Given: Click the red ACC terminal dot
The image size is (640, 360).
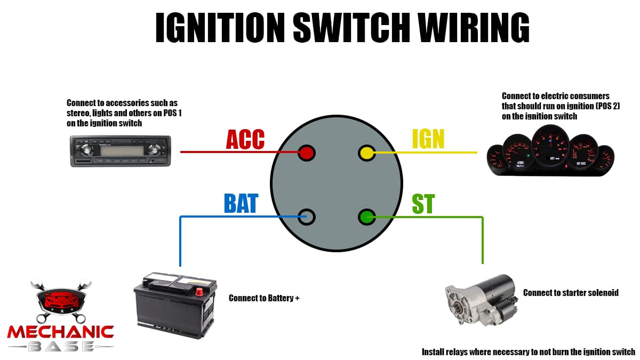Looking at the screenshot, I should point(307,153).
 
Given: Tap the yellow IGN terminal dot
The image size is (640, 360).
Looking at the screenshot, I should point(366,153).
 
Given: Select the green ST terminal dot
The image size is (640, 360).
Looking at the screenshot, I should point(366,217).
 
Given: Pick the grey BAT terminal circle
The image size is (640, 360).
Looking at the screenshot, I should point(307,217).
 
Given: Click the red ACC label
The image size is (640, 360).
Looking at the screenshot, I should point(245,139).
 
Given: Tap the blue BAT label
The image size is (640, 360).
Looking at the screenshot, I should point(241,203).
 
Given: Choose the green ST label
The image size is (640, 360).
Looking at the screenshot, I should point(423,203).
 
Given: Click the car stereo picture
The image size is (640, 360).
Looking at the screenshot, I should point(121,151).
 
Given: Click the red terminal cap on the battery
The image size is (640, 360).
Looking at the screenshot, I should point(200,291).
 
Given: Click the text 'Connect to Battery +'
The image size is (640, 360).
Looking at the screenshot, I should point(264,298).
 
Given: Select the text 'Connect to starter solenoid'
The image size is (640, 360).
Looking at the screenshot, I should point(571,293).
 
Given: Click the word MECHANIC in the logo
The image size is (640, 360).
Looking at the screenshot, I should point(60,332).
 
